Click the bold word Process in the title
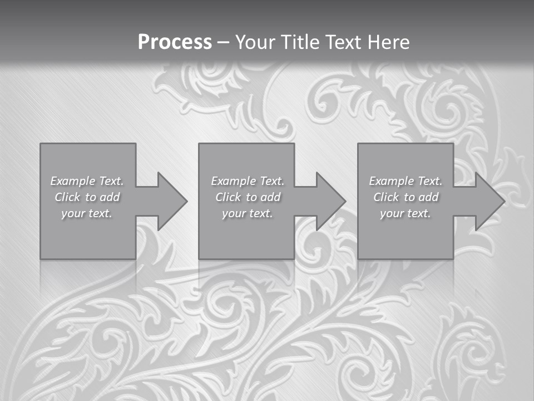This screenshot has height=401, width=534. (175, 42)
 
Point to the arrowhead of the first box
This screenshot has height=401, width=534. (172, 201)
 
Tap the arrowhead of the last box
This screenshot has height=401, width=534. (489, 201)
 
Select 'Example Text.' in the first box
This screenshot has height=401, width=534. (87, 181)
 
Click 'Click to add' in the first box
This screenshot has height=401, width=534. (87, 197)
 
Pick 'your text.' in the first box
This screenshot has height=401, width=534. (87, 213)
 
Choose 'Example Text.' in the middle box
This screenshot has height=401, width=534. (248, 181)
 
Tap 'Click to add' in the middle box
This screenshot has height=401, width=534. (248, 197)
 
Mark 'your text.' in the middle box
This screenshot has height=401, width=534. (248, 213)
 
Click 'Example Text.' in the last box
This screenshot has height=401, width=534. (406, 181)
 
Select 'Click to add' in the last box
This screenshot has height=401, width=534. (406, 197)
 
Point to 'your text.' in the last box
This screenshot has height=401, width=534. (406, 213)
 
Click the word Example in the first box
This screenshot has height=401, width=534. (73, 181)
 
